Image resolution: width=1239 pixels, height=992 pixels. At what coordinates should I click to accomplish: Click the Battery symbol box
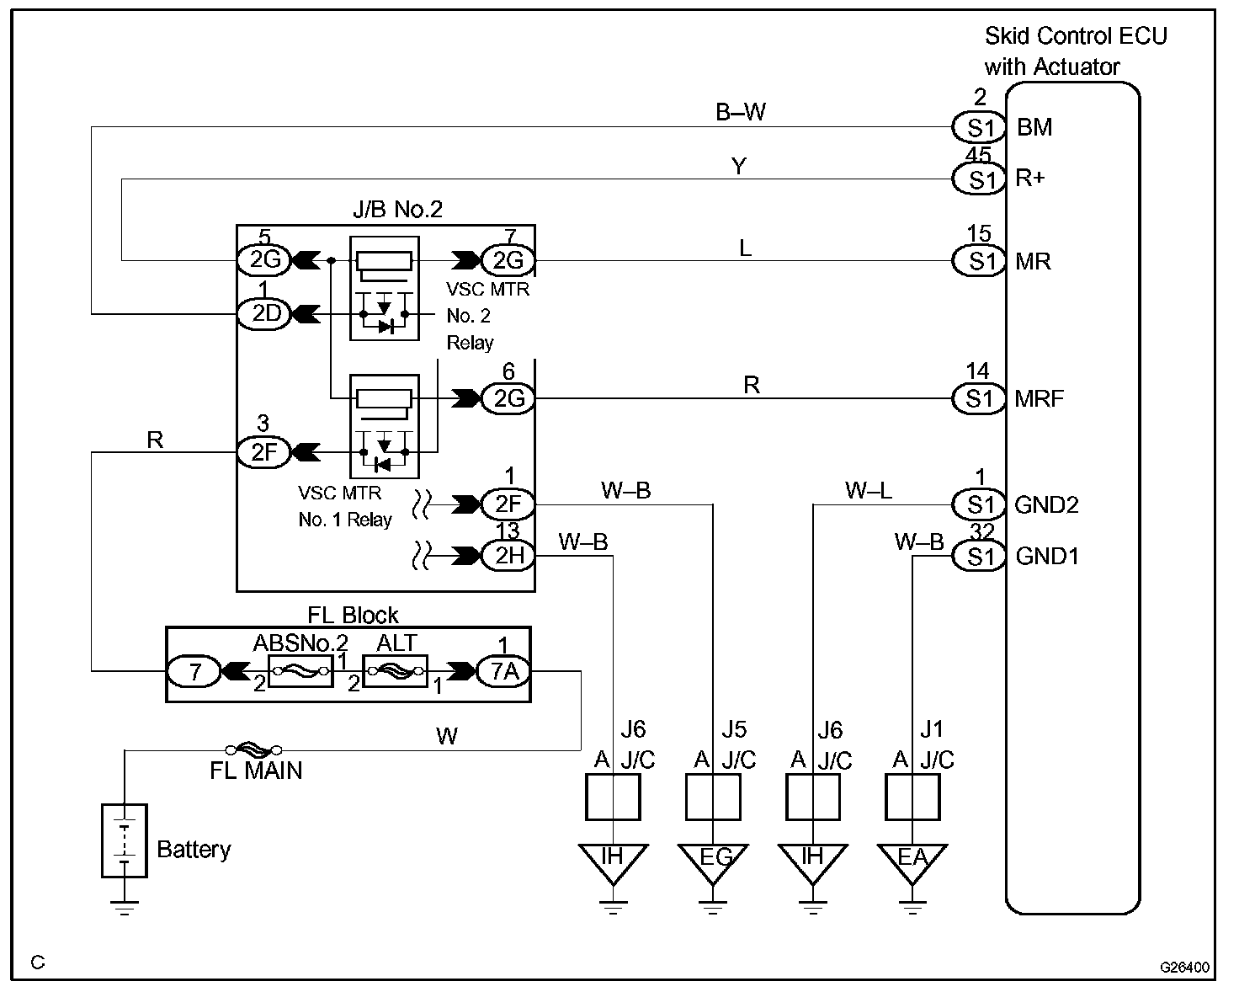click(x=125, y=840)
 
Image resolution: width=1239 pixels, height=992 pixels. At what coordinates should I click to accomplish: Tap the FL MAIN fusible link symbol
click(x=253, y=749)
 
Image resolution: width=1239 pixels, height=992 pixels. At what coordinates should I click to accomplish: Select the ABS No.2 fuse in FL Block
click(x=300, y=670)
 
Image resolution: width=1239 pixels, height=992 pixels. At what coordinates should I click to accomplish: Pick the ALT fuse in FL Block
click(x=396, y=670)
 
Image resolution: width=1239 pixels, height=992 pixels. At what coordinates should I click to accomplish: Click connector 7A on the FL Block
click(x=504, y=671)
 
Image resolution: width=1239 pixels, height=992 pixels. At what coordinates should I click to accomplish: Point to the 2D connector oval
click(x=265, y=314)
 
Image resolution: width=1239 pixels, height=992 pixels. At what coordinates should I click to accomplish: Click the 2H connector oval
click(x=508, y=555)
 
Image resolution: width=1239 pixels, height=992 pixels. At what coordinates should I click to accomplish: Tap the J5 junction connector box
click(x=713, y=797)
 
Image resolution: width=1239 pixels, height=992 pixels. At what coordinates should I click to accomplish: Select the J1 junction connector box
click(x=912, y=797)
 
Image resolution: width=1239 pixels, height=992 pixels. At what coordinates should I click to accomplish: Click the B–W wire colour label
click(x=741, y=112)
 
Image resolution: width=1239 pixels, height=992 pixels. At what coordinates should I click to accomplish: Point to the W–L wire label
click(x=868, y=490)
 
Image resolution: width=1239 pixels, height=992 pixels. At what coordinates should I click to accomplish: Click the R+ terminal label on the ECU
click(x=1030, y=178)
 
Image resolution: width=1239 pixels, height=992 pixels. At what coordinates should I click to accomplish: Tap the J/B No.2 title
click(x=398, y=209)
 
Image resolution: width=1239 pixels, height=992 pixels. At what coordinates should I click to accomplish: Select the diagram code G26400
click(x=1184, y=967)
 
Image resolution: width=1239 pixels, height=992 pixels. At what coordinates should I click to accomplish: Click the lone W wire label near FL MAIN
click(x=447, y=736)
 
